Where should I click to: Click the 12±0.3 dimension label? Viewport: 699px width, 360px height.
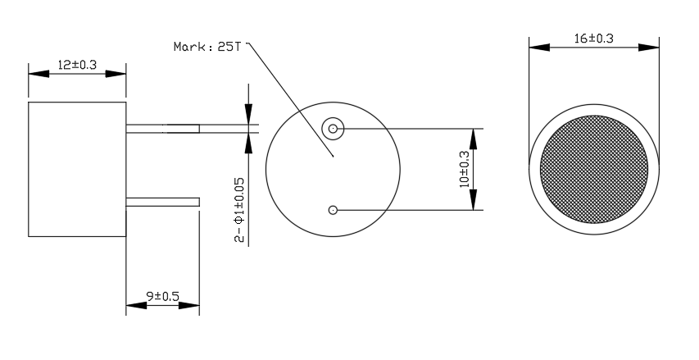coord(77,65)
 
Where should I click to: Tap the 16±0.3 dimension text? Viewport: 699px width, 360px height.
coord(594,39)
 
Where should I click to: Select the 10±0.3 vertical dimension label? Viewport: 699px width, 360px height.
coord(464,169)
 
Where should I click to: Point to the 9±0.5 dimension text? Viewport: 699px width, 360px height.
coord(163,296)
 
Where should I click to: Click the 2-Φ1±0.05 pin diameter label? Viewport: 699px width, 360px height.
coord(239,210)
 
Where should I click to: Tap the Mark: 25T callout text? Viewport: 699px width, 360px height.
coord(207,47)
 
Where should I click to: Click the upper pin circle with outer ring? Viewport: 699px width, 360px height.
coord(333,129)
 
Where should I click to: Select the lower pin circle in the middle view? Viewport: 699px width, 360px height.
coord(333,210)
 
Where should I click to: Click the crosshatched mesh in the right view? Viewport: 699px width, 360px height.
coord(594,170)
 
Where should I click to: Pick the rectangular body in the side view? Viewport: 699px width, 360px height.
coord(77,169)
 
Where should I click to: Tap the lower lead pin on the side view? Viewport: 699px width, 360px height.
coord(163,202)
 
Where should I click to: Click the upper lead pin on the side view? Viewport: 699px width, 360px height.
coord(163,129)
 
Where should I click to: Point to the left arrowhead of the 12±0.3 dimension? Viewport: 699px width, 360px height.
coord(39,74)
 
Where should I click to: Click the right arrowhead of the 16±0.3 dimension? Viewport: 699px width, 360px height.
coord(649,48)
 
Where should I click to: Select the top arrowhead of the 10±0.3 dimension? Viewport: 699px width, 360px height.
coord(474,139)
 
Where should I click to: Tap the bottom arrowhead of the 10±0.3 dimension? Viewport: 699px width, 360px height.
coord(474,199)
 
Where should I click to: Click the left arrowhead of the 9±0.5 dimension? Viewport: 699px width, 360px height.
coord(136,306)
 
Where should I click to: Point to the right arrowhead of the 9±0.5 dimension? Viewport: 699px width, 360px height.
coord(189,306)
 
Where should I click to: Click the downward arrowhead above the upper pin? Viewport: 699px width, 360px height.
coord(248,114)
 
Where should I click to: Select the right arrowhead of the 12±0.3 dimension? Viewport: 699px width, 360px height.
coord(116,74)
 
